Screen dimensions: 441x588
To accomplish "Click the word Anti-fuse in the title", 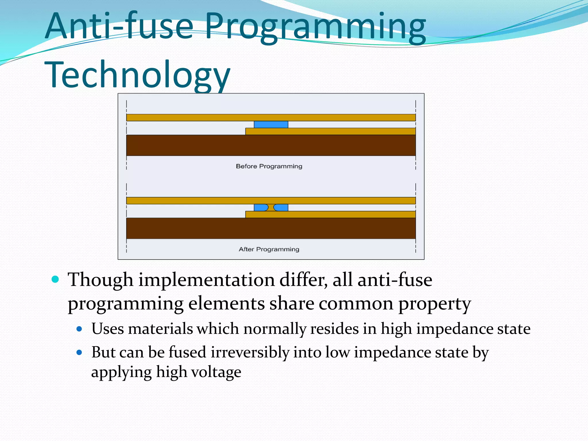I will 119,26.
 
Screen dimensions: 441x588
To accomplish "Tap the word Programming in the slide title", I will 315,27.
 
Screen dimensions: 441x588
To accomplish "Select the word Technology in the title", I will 137,75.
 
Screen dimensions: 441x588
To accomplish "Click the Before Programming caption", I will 269,166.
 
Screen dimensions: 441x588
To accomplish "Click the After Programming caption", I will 269,249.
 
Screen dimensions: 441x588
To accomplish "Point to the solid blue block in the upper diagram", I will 271,124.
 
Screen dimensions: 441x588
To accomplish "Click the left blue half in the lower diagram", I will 260,208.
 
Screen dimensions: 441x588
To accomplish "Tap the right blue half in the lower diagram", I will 281,208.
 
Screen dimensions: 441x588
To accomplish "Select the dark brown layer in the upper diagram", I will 271,145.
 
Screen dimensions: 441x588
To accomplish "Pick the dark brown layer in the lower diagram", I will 271,228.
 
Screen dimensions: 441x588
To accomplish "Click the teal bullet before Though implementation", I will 55,279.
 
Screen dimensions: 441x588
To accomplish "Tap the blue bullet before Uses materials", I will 80,329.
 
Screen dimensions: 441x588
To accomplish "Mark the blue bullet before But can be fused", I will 80,352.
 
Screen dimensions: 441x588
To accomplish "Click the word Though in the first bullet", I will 100,280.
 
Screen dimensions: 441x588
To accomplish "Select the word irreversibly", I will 250,352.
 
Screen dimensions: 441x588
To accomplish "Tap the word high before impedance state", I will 396,329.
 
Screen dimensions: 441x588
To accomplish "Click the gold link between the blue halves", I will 271,208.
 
